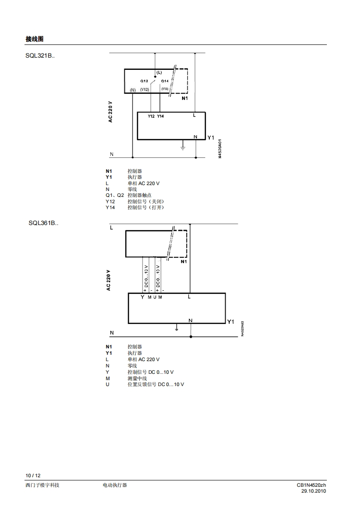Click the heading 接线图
35,39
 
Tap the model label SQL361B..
44,223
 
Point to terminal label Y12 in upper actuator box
151,117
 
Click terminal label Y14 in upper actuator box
160,117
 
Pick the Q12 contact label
144,81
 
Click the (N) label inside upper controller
133,90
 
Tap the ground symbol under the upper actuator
182,147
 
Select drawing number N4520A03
242,329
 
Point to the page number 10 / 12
33,475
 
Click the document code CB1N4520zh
311,485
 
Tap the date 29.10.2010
314,491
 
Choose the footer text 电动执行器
115,485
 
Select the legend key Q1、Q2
115,195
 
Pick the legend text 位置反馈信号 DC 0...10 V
156,384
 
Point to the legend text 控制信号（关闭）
145,201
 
